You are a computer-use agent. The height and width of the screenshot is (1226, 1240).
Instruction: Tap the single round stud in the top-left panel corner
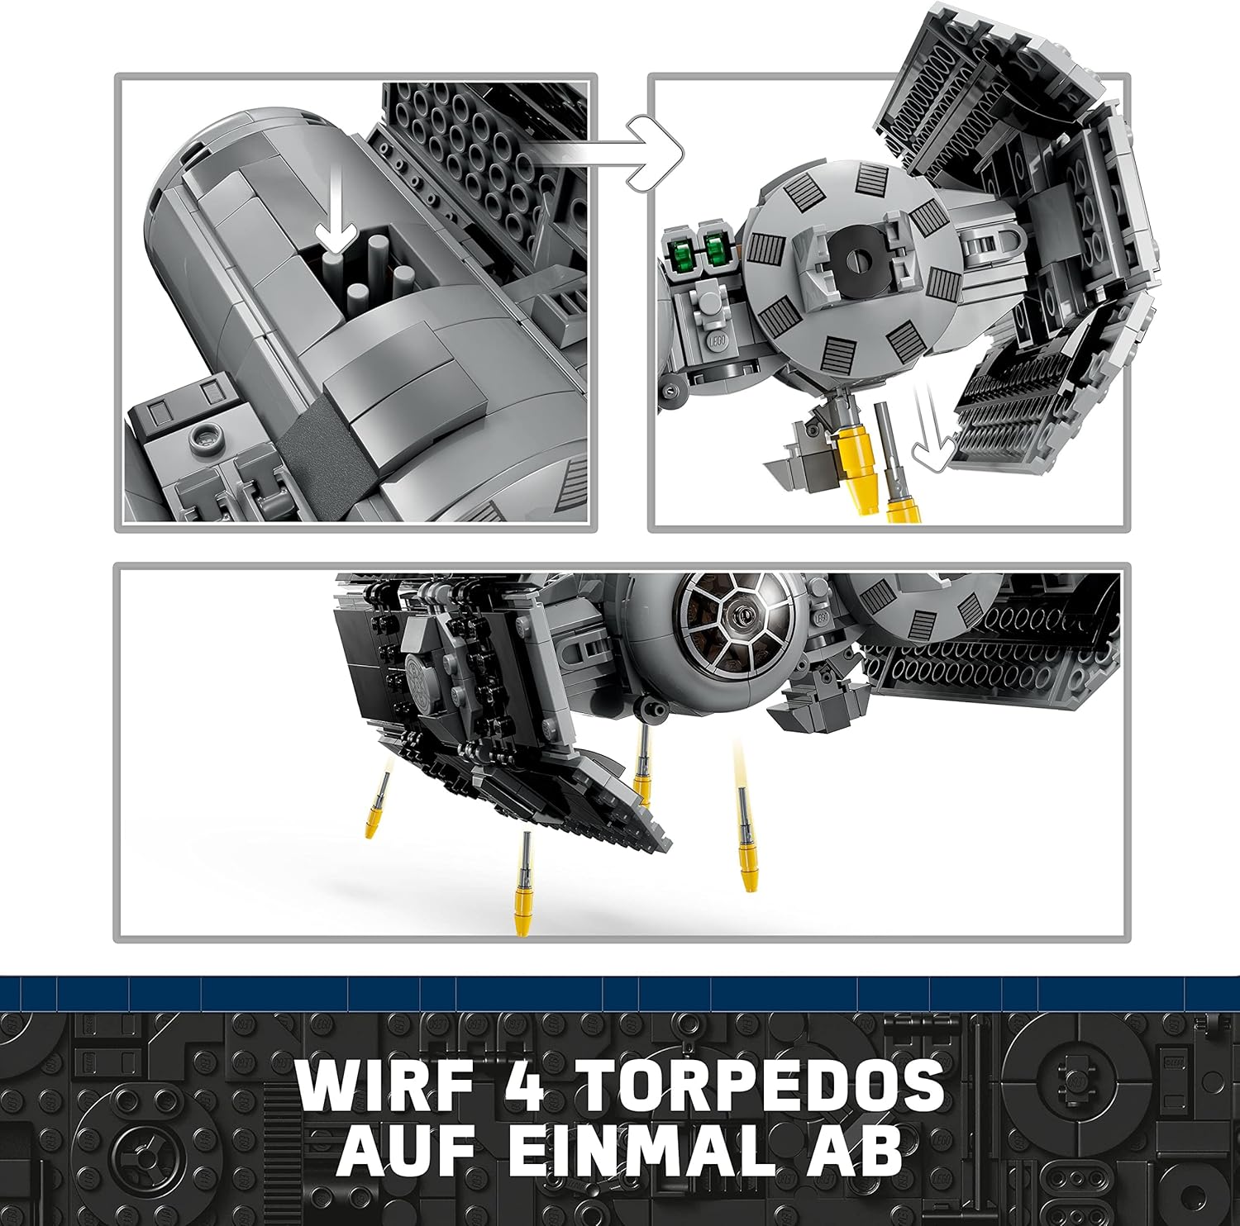pos(205,437)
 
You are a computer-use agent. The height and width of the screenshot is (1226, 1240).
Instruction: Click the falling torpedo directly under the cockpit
pos(642,765)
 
